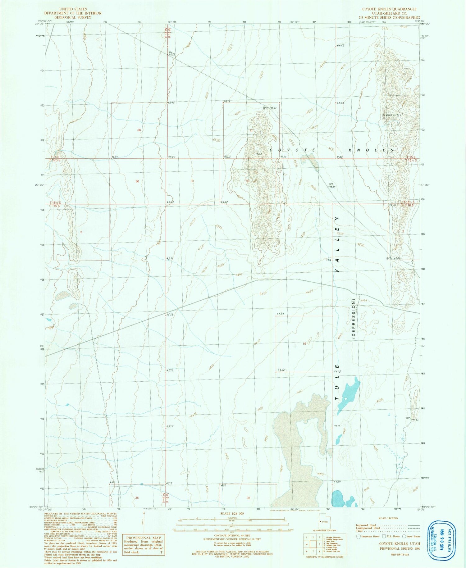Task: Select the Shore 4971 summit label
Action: click(x=393, y=115)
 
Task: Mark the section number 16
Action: click(x=305, y=344)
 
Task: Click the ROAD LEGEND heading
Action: click(x=388, y=518)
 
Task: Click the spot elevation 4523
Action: click(x=170, y=315)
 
